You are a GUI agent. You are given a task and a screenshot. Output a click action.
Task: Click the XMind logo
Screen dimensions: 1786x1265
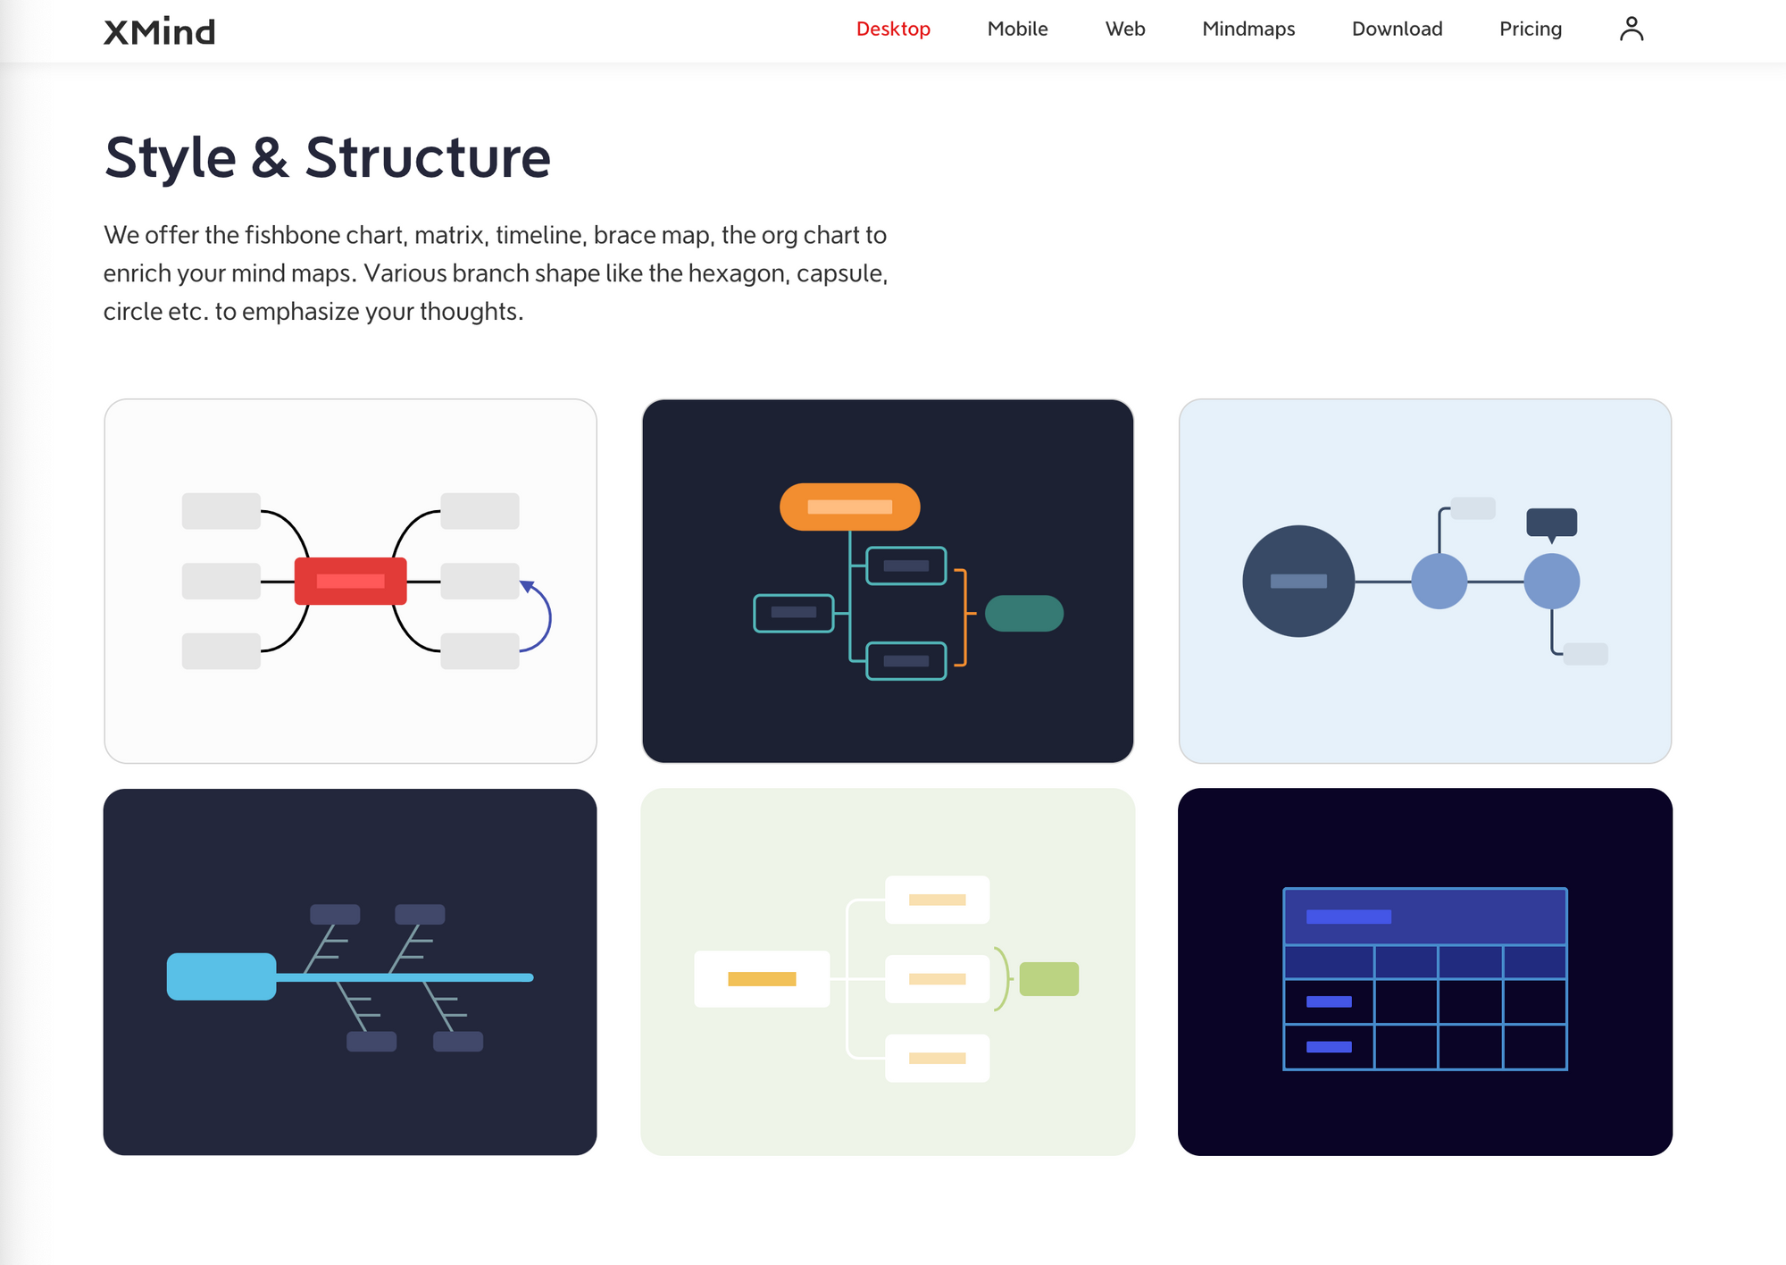pos(160,32)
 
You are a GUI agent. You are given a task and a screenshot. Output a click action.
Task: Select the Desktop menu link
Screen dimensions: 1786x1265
pos(893,29)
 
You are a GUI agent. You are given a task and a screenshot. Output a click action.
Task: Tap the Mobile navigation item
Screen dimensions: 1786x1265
pos(1017,29)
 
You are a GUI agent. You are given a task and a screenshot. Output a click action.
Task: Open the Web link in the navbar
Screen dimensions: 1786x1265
pos(1125,29)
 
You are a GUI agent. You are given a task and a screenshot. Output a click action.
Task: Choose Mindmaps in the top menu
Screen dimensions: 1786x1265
pos(1248,29)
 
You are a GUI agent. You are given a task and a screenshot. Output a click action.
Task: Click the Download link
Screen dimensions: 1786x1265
pos(1397,29)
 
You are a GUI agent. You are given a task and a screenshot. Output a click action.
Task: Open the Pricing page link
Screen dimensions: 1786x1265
pos(1531,29)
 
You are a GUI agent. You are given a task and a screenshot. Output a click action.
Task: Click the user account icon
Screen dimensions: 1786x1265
pos(1632,29)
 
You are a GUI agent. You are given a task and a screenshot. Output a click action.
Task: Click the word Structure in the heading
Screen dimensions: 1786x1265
pos(428,157)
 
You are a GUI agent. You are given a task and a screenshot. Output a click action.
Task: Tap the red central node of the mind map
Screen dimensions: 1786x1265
pos(351,582)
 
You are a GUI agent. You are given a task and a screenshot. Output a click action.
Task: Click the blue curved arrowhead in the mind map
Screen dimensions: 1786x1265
pos(527,587)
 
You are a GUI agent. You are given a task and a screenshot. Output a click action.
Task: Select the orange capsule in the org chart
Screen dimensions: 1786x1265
pos(850,507)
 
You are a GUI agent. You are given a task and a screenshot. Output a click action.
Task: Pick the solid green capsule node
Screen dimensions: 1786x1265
pos(1024,614)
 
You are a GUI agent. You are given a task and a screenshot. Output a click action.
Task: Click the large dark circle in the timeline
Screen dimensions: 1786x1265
pos(1298,581)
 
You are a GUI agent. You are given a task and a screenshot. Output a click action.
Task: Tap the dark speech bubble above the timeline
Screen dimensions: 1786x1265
pos(1552,524)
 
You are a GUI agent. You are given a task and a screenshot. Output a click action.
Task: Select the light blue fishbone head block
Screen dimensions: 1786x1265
pos(221,976)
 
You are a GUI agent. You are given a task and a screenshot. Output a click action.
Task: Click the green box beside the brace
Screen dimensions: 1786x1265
pos(1049,979)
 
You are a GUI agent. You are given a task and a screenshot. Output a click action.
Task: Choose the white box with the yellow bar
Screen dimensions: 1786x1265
pos(762,979)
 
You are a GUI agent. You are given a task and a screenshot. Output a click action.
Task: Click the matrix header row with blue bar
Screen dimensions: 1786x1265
pos(1425,917)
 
